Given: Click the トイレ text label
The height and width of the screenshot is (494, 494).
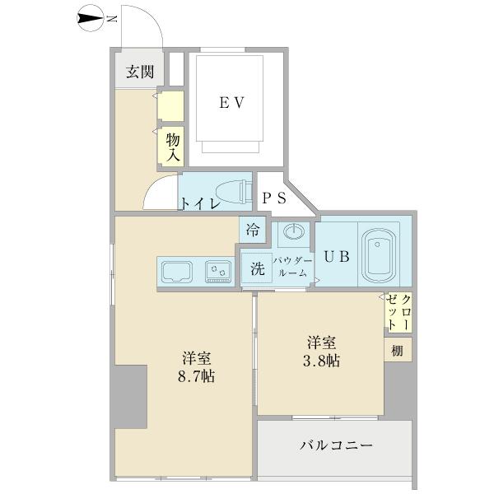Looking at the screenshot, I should (x=199, y=203).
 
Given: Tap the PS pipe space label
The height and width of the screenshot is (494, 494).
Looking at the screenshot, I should (x=274, y=198).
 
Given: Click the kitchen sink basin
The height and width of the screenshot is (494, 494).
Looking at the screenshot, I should (x=177, y=269).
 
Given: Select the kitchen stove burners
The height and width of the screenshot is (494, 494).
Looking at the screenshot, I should (x=218, y=269).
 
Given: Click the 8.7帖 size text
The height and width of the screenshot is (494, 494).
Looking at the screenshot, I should (x=198, y=377).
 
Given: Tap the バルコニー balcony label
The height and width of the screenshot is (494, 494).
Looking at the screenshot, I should (x=335, y=445).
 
